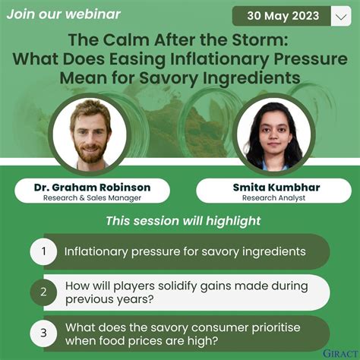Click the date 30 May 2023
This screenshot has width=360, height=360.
282,16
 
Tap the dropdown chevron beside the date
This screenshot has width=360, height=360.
339,16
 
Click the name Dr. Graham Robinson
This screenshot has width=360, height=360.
92,187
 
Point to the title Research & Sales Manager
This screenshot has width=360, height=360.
92,197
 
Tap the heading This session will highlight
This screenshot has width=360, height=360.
182,221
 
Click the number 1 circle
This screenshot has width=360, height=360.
44,251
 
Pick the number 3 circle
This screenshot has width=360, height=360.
44,333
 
